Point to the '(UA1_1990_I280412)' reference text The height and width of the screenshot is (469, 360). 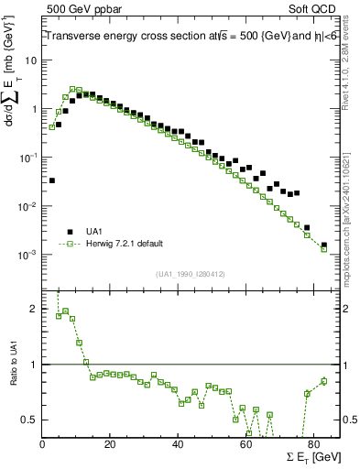[191, 273]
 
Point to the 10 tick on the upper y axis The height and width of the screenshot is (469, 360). [30, 60]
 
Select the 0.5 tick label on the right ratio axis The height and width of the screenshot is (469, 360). [351, 420]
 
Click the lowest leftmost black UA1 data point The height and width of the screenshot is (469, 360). [52, 180]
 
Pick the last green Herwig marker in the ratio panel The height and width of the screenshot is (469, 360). [323, 381]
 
